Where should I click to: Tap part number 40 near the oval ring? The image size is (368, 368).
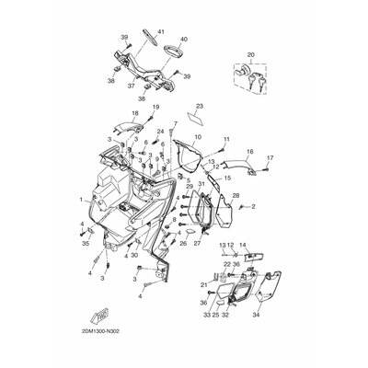(183, 40)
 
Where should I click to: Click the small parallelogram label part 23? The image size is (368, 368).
(194, 118)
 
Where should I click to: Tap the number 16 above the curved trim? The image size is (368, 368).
(198, 137)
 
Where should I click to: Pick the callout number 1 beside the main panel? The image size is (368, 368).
(82, 200)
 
